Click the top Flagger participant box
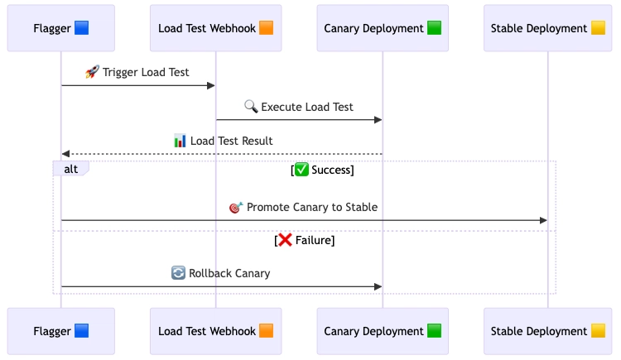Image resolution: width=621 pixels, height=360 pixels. click(x=61, y=28)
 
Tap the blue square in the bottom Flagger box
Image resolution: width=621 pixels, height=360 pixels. click(x=82, y=331)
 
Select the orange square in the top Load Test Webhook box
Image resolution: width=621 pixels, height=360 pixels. click(x=266, y=28)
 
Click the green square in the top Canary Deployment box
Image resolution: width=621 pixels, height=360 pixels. click(x=434, y=28)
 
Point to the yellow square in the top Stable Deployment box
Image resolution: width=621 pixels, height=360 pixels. click(x=598, y=28)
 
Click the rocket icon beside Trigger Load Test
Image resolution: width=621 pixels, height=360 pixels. click(x=92, y=72)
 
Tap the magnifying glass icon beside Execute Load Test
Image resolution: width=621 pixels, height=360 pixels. click(x=251, y=106)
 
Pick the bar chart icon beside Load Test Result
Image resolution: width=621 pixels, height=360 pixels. click(x=180, y=141)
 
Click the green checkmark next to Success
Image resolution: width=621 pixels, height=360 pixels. click(x=301, y=170)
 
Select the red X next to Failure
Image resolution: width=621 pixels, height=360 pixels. click(x=285, y=240)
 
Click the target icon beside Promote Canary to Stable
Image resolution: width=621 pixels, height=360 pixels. click(x=236, y=207)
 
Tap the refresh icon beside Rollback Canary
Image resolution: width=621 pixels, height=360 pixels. click(x=178, y=273)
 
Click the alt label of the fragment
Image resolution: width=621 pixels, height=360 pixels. click(x=71, y=169)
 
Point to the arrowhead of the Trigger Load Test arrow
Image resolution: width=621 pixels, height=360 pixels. click(x=211, y=85)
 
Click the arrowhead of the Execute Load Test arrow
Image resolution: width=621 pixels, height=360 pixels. click(x=378, y=120)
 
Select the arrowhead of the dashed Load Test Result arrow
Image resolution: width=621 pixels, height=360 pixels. click(x=65, y=154)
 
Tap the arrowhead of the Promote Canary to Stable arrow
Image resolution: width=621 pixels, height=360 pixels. click(x=543, y=220)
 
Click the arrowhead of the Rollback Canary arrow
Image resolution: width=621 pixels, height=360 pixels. click(x=378, y=286)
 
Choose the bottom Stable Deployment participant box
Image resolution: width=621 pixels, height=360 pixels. click(x=548, y=331)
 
